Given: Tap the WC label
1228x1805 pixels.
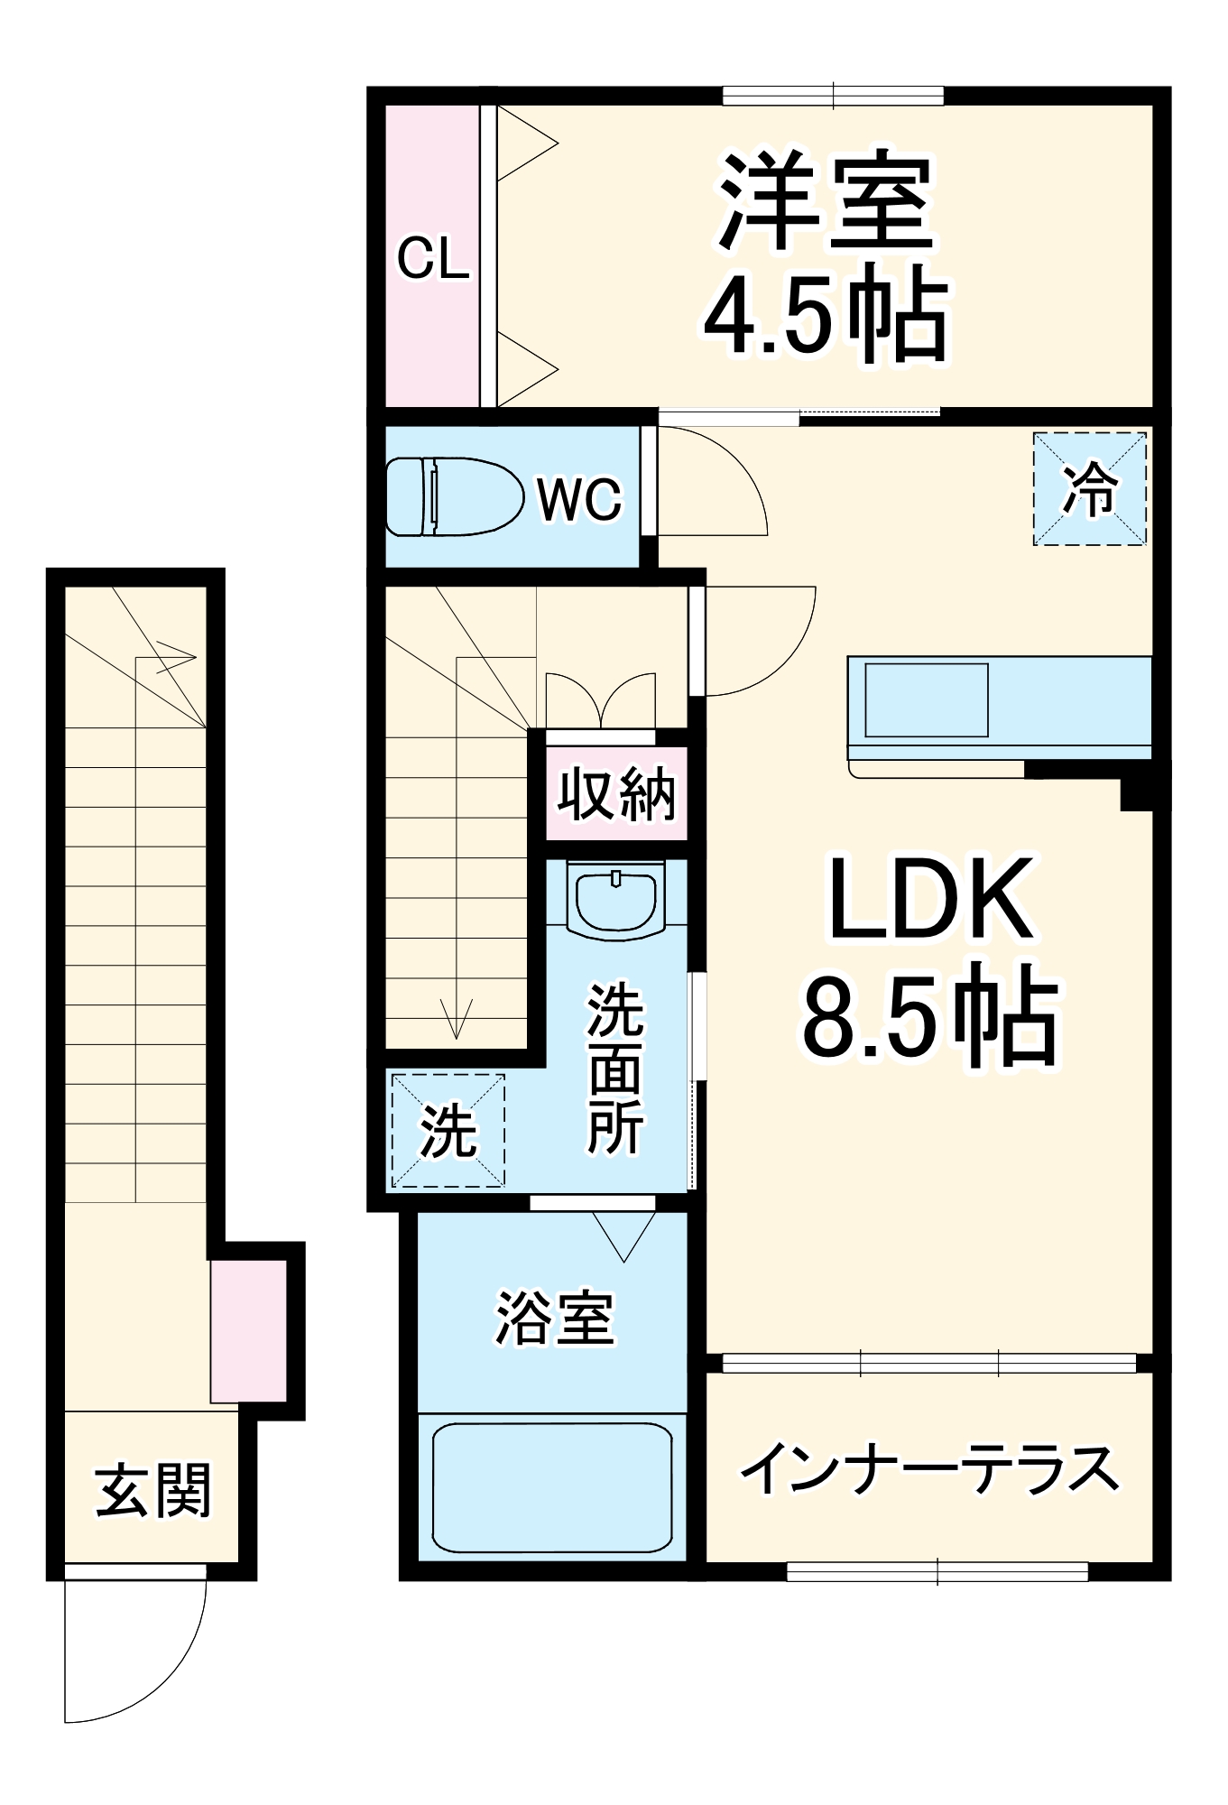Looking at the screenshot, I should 580,498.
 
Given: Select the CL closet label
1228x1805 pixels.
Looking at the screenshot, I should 433,258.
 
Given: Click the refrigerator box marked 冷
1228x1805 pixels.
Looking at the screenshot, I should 1089,489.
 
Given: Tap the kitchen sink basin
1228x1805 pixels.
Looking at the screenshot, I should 927,700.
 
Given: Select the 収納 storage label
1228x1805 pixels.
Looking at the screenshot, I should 616,794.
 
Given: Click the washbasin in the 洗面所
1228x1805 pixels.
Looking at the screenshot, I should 616,899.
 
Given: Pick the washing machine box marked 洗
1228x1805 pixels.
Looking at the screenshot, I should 448,1130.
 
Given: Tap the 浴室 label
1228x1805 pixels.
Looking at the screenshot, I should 554,1319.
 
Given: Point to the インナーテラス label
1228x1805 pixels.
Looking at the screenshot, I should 929,1469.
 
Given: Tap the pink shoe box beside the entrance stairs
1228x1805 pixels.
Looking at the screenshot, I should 249,1331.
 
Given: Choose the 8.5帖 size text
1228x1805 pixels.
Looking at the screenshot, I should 929,1016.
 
